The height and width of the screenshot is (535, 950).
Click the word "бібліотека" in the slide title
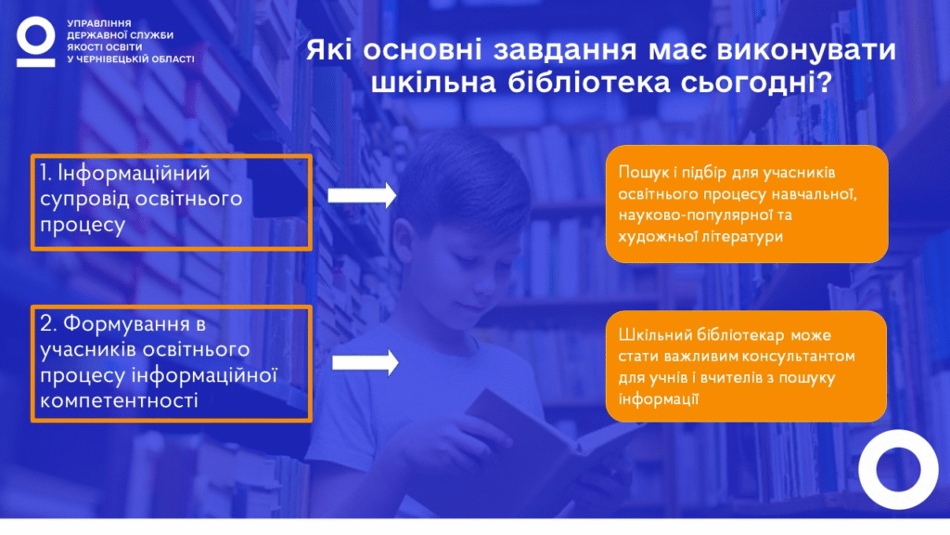589,83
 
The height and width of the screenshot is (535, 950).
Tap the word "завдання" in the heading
565,50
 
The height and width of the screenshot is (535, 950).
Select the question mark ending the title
825,83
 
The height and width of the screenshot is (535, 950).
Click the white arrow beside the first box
363,195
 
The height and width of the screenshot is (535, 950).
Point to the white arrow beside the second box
366,363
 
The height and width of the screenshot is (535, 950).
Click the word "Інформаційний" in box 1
134,174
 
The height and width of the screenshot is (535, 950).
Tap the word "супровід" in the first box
84,200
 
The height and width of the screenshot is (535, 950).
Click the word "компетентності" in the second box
119,401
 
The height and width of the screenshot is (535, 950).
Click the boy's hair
467,176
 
